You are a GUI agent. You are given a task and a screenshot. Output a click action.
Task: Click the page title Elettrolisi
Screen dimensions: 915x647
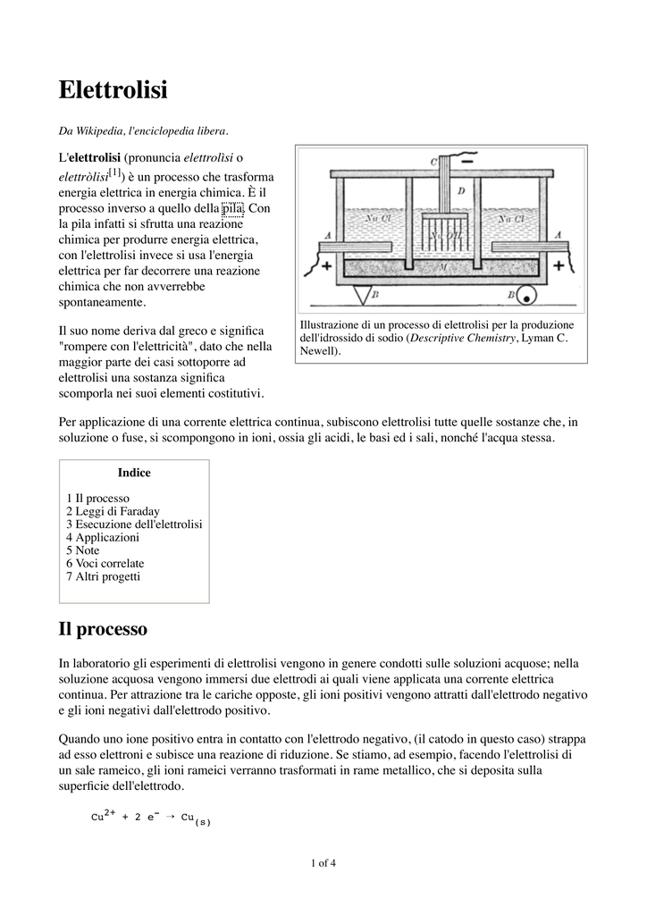click(113, 90)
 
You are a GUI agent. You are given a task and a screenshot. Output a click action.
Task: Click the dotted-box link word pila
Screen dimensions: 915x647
click(232, 209)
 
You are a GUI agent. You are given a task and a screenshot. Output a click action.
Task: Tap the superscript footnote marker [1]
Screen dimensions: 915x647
click(114, 172)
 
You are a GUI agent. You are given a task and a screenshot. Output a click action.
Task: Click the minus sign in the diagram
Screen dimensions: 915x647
click(466, 162)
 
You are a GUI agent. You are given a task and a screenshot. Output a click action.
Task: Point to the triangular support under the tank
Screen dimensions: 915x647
click(362, 294)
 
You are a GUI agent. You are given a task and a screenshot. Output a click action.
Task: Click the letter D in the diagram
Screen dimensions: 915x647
click(461, 189)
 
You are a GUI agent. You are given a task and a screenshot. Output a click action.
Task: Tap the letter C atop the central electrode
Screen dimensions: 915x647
click(433, 162)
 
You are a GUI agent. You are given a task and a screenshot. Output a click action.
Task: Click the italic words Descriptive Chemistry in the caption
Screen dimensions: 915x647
click(463, 339)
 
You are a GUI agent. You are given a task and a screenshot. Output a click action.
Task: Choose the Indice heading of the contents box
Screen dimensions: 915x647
click(134, 473)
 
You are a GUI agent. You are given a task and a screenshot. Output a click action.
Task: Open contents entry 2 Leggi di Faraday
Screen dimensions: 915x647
click(113, 511)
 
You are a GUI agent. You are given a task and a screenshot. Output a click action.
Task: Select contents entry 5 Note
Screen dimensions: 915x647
click(82, 550)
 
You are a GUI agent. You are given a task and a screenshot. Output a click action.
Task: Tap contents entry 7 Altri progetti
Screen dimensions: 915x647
click(103, 576)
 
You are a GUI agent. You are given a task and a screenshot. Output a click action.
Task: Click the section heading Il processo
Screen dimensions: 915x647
click(103, 629)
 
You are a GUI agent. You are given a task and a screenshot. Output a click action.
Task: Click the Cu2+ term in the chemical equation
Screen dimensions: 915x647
click(104, 816)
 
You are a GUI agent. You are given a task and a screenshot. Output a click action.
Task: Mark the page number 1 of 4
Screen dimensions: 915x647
click(323, 863)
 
